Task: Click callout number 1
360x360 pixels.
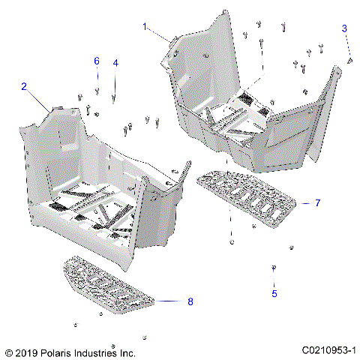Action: [145, 26]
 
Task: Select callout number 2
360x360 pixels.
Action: [24, 87]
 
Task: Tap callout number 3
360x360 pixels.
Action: [344, 28]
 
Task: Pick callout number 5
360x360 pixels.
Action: [274, 293]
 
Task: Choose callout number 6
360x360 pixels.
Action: [97, 60]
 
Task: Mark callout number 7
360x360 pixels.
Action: [317, 203]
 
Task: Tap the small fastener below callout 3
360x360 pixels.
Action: [350, 60]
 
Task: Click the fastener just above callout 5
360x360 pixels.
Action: [274, 268]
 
